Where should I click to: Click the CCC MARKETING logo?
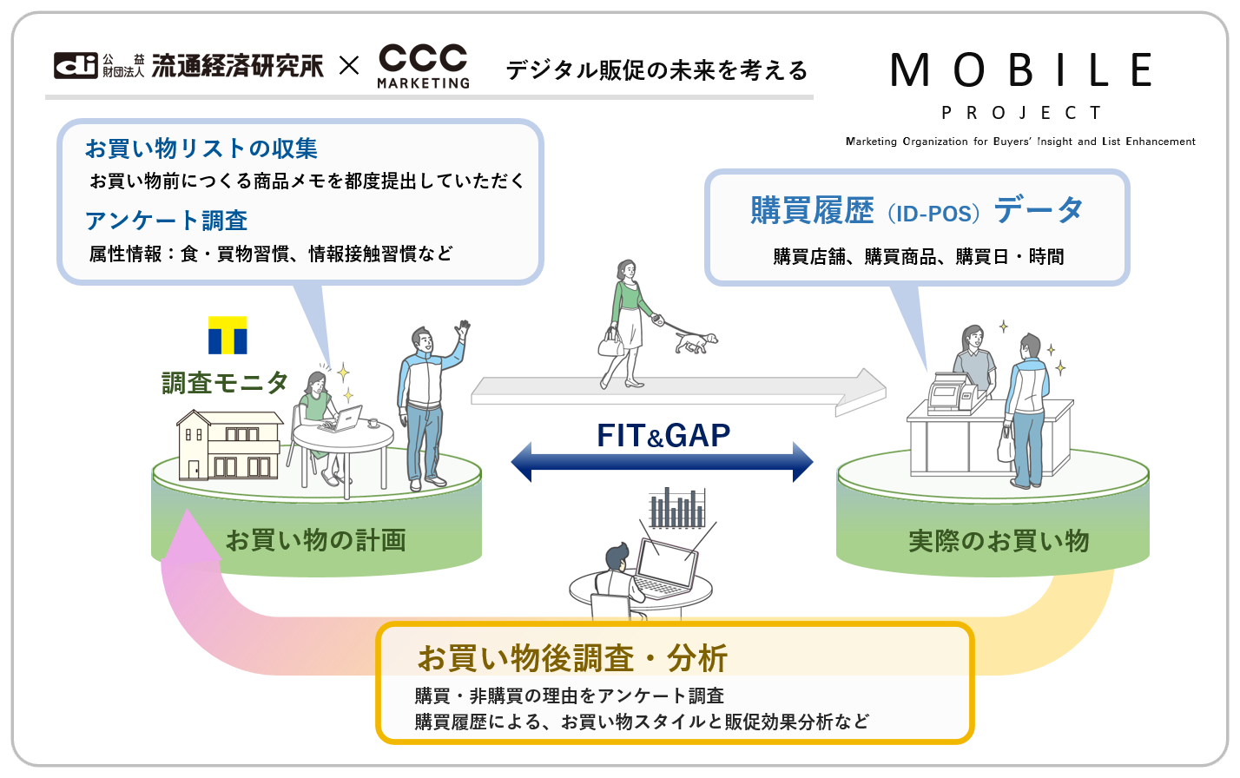[x=424, y=66]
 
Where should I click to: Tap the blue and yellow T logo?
[x=228, y=335]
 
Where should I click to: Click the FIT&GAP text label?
[x=663, y=435]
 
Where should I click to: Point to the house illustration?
[x=229, y=445]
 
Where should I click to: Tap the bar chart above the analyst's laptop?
[x=677, y=508]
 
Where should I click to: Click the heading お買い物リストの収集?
[x=201, y=148]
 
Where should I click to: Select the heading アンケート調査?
[x=167, y=221]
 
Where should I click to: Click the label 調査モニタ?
[x=224, y=382]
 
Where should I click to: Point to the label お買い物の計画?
[x=316, y=540]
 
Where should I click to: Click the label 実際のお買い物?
[x=999, y=541]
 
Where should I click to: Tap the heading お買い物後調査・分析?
[x=572, y=658]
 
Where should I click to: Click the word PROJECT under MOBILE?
[x=1021, y=113]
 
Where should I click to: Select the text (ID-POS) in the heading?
[x=933, y=213]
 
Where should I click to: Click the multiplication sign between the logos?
[x=349, y=65]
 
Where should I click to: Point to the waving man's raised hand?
[x=464, y=330]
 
